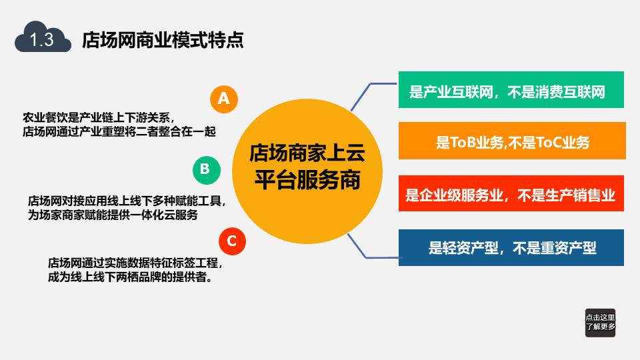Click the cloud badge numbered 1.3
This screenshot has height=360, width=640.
tap(43, 38)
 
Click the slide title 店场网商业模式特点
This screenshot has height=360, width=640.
tap(163, 40)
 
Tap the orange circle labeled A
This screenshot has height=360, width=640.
tap(224, 99)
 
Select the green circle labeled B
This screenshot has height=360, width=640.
tap(207, 170)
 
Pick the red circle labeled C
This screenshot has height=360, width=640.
tap(232, 241)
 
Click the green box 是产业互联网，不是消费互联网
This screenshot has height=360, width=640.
tap(511, 90)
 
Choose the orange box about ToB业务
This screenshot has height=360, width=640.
tap(512, 141)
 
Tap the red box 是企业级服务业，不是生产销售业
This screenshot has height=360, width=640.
tap(511, 193)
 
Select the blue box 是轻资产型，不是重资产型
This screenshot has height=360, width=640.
tap(511, 248)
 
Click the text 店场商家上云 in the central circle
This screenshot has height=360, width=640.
tap(307, 153)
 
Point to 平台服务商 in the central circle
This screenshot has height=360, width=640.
tap(307, 180)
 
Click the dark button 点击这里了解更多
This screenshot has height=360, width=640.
tap(600, 323)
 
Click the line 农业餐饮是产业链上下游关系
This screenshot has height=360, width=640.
tap(99, 117)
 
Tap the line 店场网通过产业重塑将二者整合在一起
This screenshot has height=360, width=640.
tap(119, 131)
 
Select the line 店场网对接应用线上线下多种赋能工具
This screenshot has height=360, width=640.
tap(127, 201)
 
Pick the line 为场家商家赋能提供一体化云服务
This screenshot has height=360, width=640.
tap(113, 215)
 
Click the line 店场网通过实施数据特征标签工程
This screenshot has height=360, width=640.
tap(135, 263)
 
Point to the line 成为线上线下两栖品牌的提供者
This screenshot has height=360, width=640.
tap(130, 277)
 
